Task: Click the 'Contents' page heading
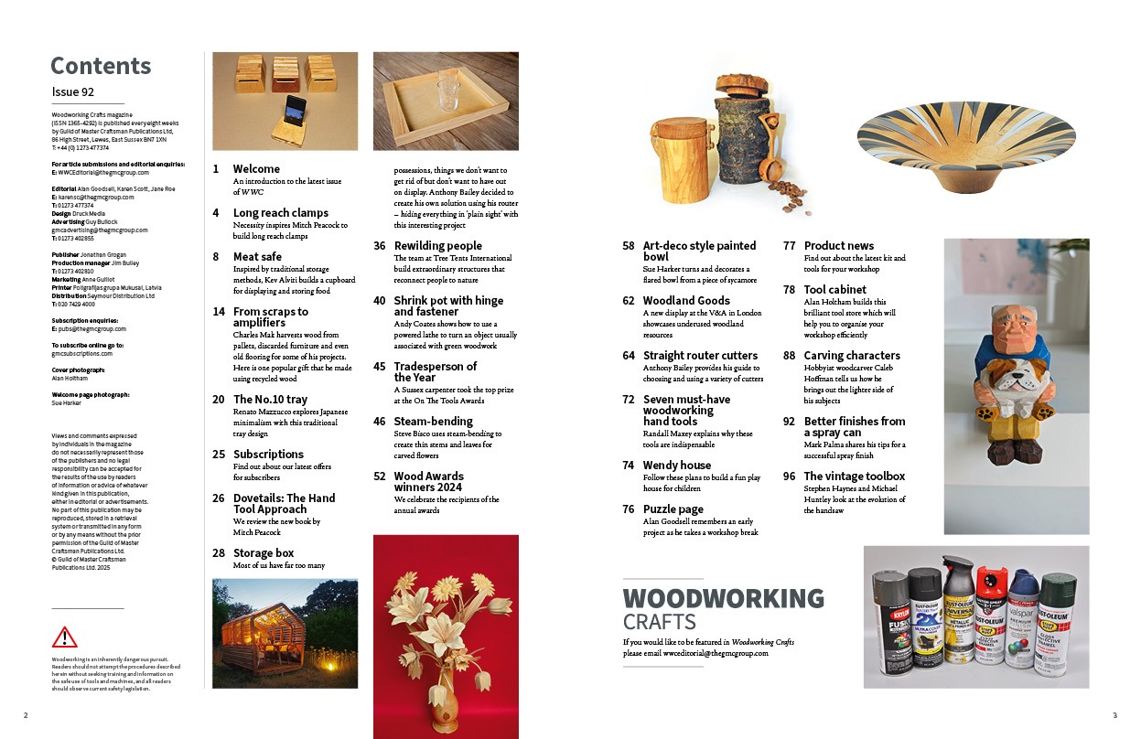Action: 101,66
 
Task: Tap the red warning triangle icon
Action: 64,637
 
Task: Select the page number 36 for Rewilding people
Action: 380,246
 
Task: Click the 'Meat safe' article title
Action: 257,257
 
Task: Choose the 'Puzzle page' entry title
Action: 673,509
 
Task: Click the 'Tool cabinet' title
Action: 834,290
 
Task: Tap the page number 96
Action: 789,477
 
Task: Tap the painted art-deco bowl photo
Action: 973,142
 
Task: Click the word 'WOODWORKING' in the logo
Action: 723,598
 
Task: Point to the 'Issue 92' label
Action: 73,92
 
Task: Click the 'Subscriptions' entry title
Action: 268,455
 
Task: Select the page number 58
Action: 629,246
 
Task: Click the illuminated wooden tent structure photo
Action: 285,633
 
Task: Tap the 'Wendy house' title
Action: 677,466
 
